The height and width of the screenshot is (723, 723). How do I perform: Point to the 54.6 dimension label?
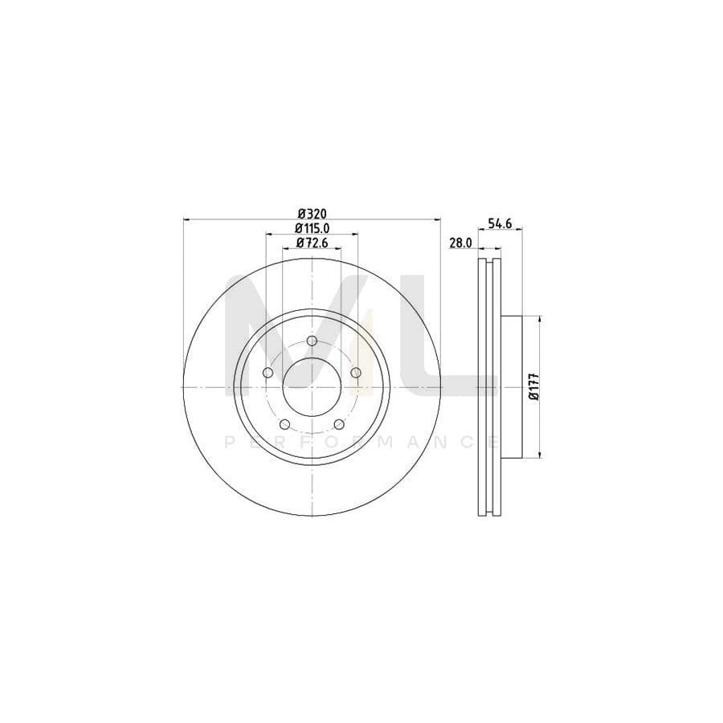click(500, 224)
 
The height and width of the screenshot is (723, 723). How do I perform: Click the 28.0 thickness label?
click(460, 243)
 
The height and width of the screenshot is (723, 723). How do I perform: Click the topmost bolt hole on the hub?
click(312, 345)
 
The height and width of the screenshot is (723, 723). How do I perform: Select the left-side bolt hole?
click(268, 372)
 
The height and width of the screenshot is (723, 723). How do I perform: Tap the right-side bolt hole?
click(356, 372)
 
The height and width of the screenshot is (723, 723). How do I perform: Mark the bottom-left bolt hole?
click(284, 423)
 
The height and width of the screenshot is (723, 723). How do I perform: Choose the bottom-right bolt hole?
click(339, 423)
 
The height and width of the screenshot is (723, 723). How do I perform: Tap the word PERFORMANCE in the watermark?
click(361, 441)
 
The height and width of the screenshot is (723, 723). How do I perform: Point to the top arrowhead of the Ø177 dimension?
click(539, 320)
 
